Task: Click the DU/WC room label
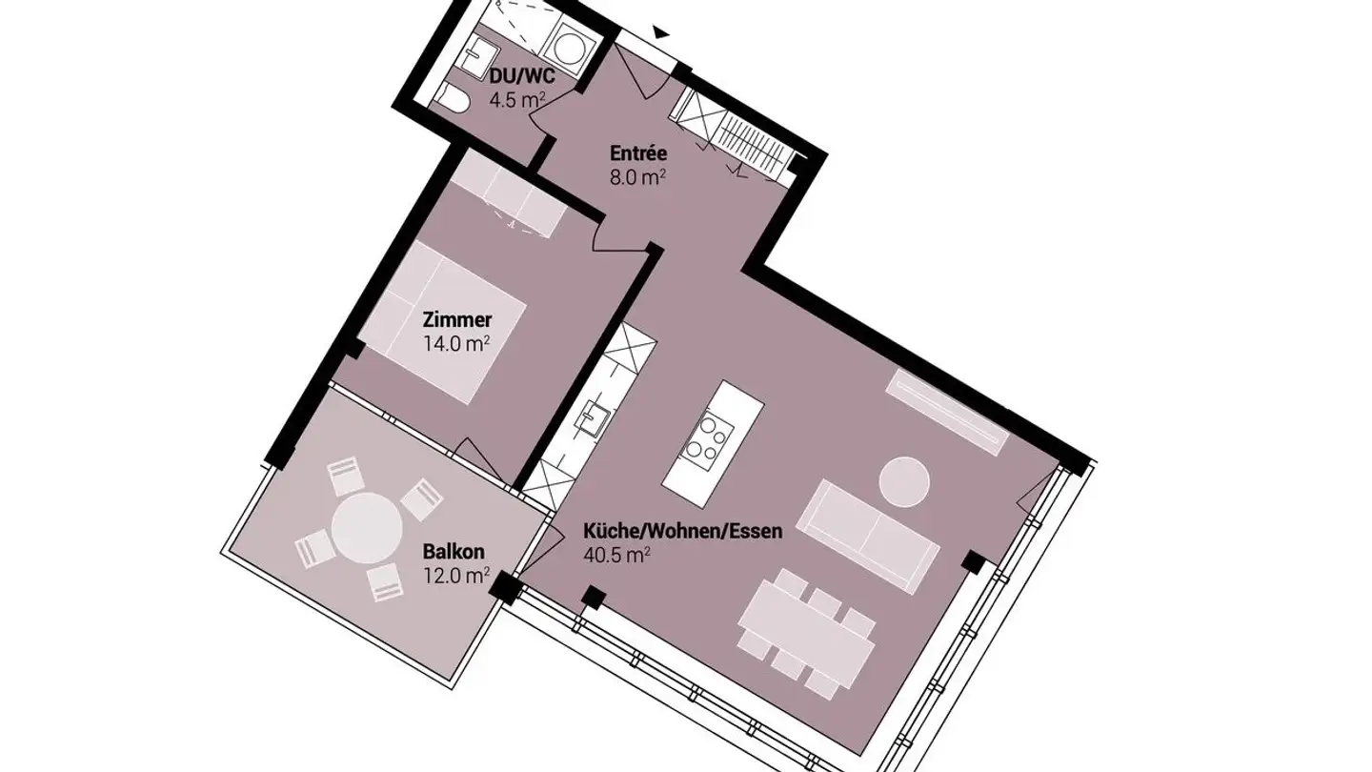tap(522, 76)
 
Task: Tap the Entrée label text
tap(637, 152)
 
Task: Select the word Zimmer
tap(457, 320)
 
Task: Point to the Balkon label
tap(454, 552)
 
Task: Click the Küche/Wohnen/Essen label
tap(682, 531)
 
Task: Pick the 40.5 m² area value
tap(616, 555)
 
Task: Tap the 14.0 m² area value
tap(456, 343)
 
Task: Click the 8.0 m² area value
tap(637, 176)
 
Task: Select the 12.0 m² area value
tap(456, 575)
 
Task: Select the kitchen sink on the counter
tap(591, 417)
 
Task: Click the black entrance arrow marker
tap(659, 32)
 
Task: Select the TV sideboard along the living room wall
tap(947, 411)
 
